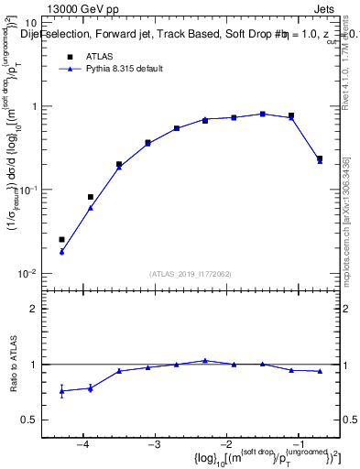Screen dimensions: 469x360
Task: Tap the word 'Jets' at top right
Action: tap(327, 8)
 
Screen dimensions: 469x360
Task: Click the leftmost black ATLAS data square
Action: tap(61, 240)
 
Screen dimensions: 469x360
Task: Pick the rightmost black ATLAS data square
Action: tap(320, 158)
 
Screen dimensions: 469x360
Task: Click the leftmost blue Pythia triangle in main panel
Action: tap(61, 251)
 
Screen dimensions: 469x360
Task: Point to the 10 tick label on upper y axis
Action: tap(28, 22)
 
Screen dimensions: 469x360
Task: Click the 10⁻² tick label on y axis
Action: tap(27, 274)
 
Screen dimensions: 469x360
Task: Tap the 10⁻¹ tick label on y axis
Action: tap(27, 190)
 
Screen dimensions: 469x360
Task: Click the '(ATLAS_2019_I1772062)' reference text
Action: tap(191, 274)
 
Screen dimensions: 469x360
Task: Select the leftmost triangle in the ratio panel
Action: tap(61, 391)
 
